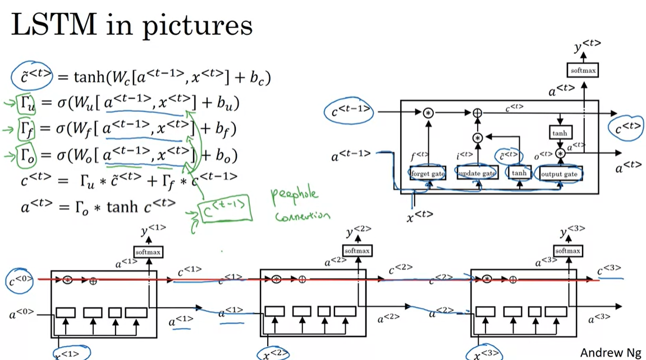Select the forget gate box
coord(427,174)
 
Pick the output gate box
coord(559,174)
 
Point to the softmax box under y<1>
coord(148,252)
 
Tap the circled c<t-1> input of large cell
coord(348,112)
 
